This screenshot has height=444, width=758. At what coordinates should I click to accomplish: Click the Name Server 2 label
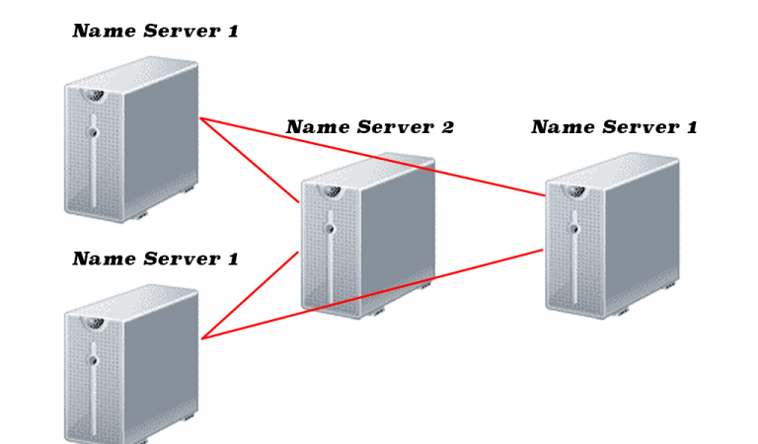(x=370, y=127)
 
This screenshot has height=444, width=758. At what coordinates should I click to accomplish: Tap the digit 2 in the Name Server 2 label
(x=447, y=127)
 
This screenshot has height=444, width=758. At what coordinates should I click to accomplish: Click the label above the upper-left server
(x=156, y=32)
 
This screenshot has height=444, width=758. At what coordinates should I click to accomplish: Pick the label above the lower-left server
(x=156, y=259)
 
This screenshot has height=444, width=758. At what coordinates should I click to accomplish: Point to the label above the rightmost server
(x=614, y=127)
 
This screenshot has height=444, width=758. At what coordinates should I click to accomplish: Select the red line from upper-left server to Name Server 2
(x=250, y=161)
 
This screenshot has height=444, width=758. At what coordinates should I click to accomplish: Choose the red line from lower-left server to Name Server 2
(x=251, y=295)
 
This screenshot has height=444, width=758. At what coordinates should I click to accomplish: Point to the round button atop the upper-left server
(x=95, y=96)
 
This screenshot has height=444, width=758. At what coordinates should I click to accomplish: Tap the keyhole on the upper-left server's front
(x=94, y=131)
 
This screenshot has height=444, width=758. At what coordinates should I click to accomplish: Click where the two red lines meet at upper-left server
(x=200, y=119)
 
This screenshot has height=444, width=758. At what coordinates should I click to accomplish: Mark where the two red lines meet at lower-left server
(x=202, y=338)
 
